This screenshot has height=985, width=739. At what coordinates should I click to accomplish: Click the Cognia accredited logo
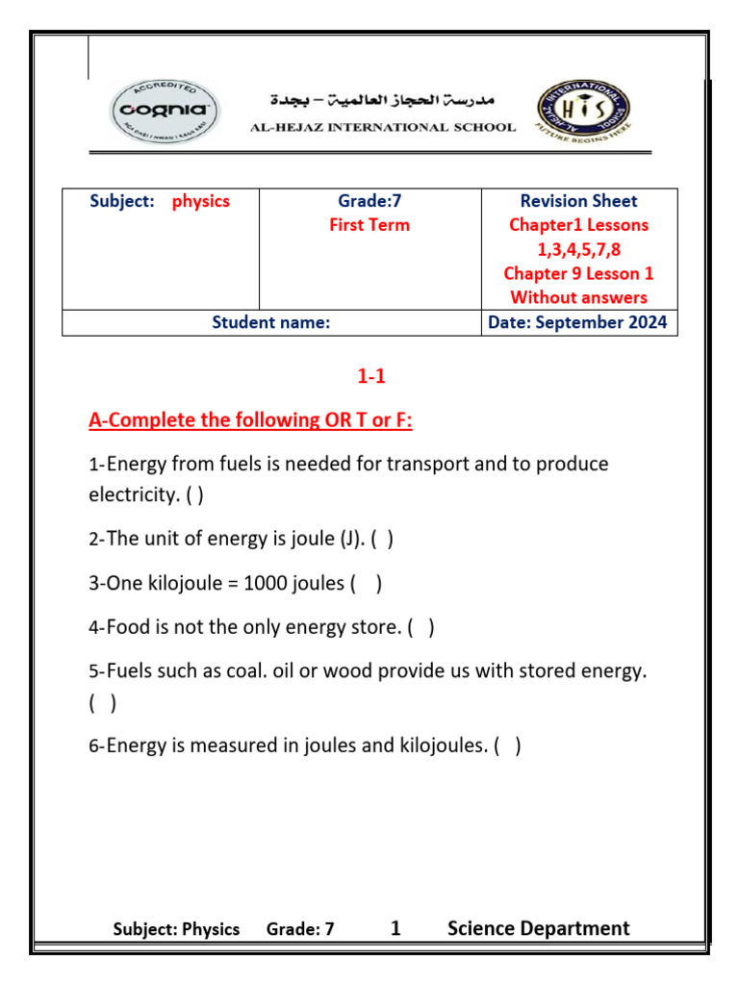click(165, 112)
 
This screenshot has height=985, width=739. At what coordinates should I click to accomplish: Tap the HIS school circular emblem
click(583, 112)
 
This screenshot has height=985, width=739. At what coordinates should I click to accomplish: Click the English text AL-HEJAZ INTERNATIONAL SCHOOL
click(383, 127)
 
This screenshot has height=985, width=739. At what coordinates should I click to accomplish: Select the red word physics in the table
click(201, 201)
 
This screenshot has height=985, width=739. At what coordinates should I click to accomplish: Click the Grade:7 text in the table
click(369, 201)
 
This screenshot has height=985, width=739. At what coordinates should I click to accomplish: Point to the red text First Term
click(369, 225)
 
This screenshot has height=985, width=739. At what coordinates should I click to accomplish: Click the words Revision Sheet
click(578, 201)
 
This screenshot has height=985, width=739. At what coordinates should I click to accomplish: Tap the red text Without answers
click(578, 297)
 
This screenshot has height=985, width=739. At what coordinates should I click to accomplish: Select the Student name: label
click(270, 323)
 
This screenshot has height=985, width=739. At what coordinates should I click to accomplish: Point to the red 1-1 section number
click(371, 377)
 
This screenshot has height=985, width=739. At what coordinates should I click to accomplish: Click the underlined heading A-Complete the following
click(250, 420)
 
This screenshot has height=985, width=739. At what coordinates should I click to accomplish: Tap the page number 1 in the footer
click(395, 928)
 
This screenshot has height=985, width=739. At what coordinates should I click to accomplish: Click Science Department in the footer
click(538, 928)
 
